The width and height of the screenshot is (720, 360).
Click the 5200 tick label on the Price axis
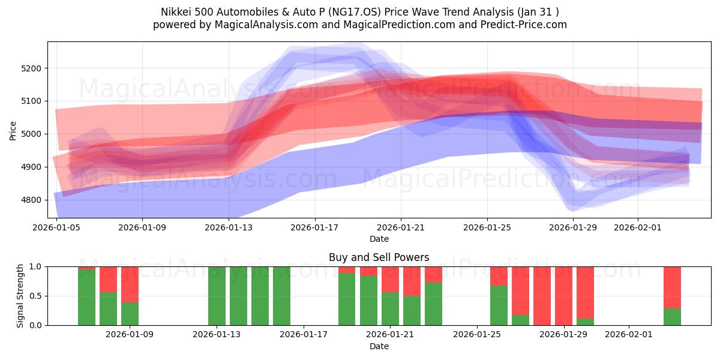(x=31, y=68)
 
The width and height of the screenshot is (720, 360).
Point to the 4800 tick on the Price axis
(x=31, y=200)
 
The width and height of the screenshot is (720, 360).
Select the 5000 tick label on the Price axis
(x=31, y=134)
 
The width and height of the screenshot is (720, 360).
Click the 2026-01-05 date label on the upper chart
(x=56, y=228)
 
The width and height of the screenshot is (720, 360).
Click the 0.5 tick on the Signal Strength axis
(x=35, y=296)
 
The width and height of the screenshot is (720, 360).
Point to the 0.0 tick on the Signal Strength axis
(x=35, y=325)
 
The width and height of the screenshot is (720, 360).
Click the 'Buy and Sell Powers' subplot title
(x=379, y=257)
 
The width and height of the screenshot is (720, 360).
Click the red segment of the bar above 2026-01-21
(x=390, y=279)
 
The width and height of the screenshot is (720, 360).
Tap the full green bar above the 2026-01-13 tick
(x=217, y=296)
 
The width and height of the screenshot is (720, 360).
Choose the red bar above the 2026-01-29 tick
(x=563, y=296)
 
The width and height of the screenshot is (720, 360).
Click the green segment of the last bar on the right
(x=672, y=317)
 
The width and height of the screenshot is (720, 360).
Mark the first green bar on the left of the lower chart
(x=86, y=297)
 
